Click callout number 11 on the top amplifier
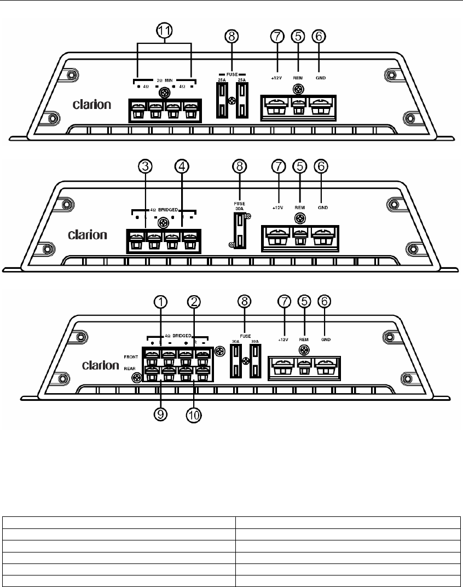[164, 32]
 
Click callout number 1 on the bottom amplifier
[159, 302]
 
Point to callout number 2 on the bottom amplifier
[193, 302]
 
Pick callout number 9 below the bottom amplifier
[160, 415]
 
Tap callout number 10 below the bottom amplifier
[194, 415]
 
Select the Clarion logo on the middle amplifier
[88, 235]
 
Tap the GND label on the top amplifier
[321, 78]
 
